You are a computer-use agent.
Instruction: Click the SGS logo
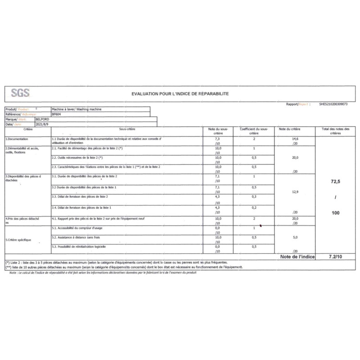(20, 93)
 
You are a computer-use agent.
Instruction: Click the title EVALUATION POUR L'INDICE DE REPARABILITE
(180, 93)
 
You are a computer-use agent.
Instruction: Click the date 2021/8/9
(40, 124)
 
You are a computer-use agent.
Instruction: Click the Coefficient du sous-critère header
(254, 131)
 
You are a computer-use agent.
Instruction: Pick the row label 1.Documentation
(17, 139)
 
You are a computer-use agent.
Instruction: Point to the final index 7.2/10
(335, 256)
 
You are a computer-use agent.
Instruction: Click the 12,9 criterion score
(295, 192)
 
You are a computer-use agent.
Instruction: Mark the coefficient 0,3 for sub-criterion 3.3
(254, 197)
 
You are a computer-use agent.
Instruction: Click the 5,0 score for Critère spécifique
(295, 237)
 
